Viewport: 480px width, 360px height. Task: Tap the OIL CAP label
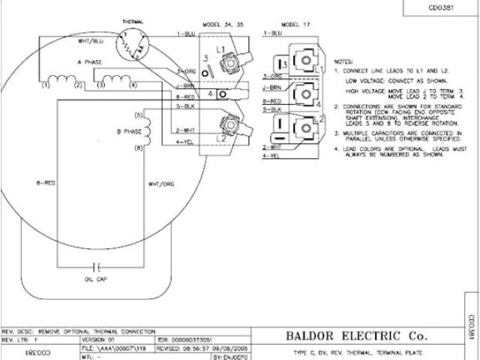pos(94,279)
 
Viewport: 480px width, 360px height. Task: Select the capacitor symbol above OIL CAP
pos(95,265)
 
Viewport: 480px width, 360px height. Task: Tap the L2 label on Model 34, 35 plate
pos(220,138)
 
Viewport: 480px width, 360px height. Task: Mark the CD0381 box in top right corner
pos(442,8)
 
